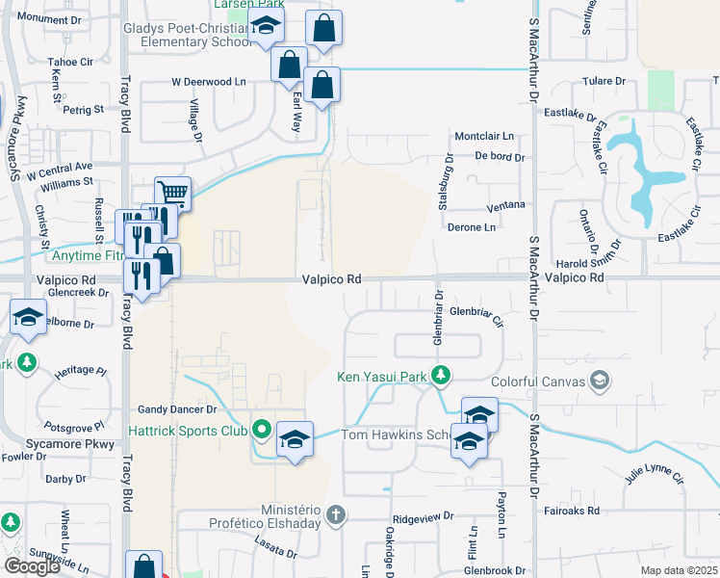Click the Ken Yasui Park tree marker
[x=442, y=374]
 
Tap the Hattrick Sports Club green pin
[x=261, y=430]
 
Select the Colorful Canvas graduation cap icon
[x=600, y=381]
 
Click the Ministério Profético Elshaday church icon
[x=335, y=513]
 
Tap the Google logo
[x=33, y=566]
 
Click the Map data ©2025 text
[x=679, y=571]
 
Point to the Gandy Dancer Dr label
[x=172, y=409]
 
